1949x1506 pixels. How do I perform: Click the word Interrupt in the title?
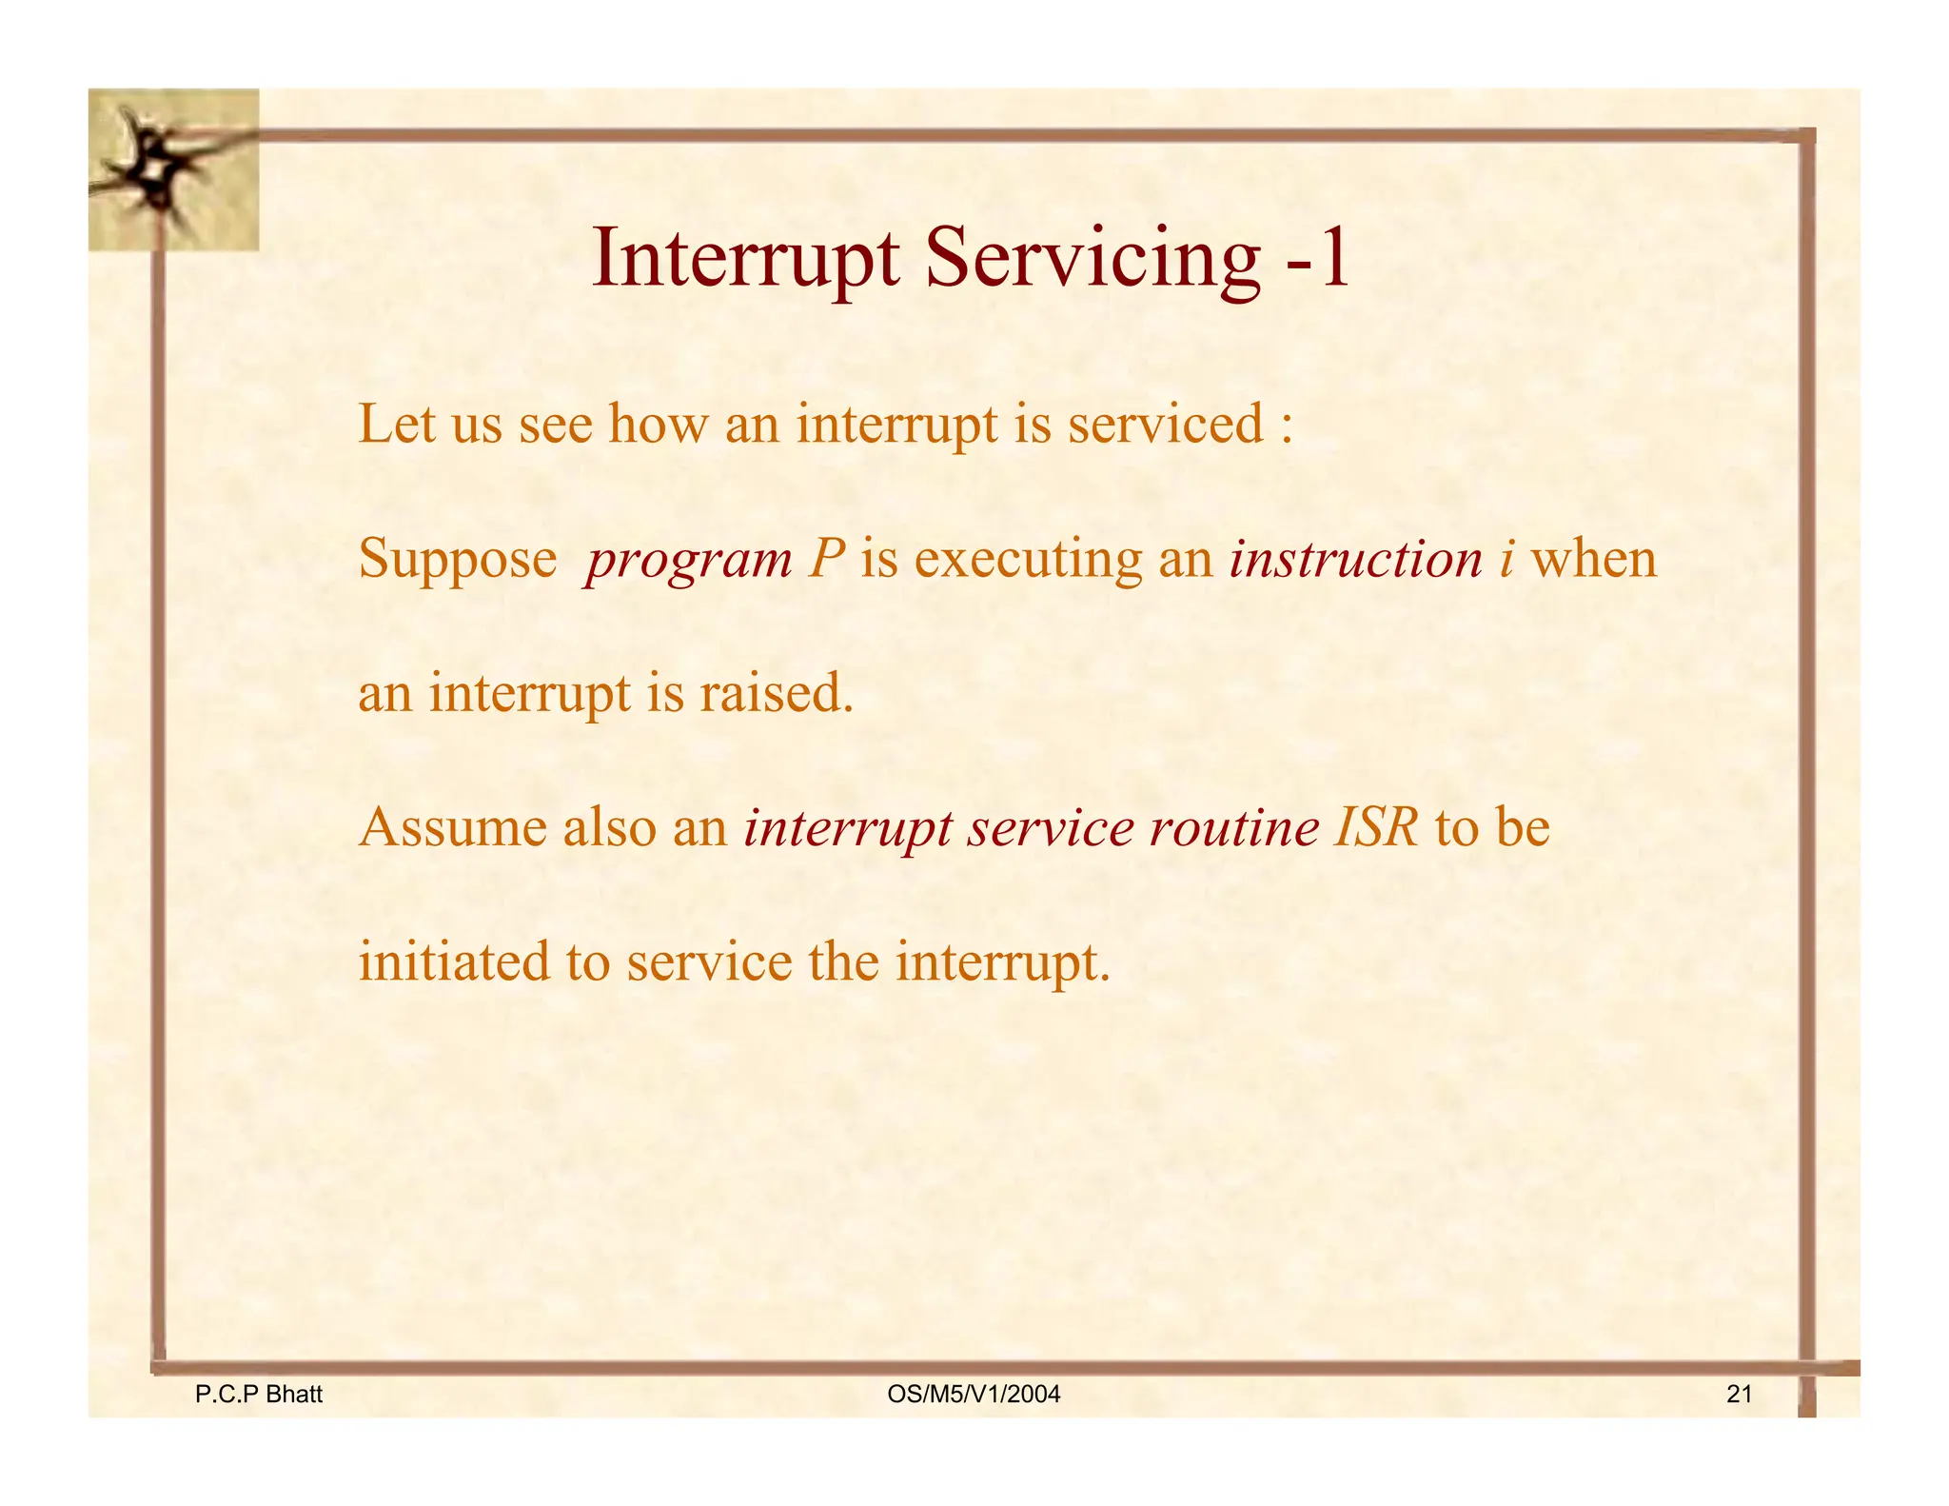[x=745, y=259]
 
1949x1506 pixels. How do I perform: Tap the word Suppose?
[x=457, y=560]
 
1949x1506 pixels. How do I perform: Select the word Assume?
[x=452, y=826]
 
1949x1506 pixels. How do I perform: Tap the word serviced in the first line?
[x=1166, y=424]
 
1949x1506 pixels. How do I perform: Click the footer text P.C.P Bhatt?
[x=258, y=1395]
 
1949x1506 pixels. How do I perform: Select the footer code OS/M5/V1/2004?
[x=973, y=1395]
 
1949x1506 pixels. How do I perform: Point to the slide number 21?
[x=1739, y=1395]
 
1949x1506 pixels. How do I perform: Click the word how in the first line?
[x=658, y=424]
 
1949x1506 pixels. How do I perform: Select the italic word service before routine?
[x=1050, y=826]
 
